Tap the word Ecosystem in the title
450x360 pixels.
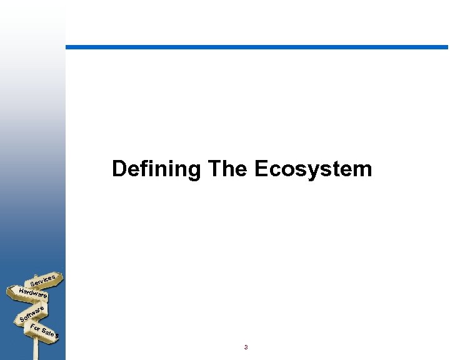pyautogui.click(x=313, y=169)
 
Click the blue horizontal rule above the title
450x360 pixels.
pyautogui.click(x=256, y=47)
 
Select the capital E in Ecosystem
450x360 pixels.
pyautogui.click(x=261, y=169)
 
